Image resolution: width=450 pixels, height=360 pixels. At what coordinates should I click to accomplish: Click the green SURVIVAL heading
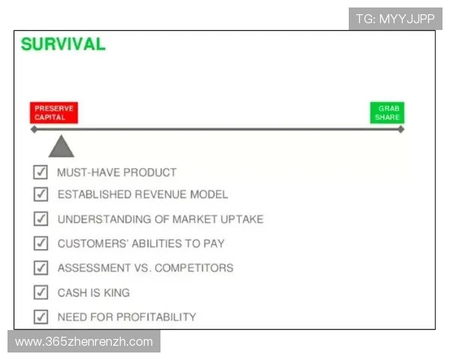(x=63, y=44)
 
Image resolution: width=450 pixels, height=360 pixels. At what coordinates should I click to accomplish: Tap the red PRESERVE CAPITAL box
(x=54, y=112)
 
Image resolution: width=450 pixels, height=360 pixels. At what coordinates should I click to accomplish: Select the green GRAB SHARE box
(x=387, y=112)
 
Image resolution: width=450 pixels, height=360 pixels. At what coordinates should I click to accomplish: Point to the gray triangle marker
(x=61, y=146)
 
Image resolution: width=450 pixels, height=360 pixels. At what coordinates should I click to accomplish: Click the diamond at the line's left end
(x=34, y=130)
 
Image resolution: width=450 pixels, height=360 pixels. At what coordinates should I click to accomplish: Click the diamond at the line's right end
(x=401, y=130)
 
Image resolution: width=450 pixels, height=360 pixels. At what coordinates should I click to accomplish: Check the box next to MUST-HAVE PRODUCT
(x=40, y=172)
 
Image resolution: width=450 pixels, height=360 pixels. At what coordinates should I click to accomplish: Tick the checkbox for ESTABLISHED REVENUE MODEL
(x=40, y=194)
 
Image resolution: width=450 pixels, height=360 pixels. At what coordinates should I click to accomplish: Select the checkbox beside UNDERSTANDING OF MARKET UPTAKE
(x=40, y=219)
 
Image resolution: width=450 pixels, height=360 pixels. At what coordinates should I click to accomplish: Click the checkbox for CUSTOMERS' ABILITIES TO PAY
(x=40, y=243)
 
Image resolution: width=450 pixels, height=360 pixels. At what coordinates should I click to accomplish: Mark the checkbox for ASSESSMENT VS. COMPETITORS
(x=40, y=268)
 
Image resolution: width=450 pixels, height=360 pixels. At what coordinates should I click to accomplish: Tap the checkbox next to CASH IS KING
(x=40, y=292)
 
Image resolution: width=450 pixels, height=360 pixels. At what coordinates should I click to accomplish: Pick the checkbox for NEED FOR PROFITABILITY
(x=40, y=316)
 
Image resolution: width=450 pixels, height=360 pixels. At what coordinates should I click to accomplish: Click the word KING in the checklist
(x=117, y=292)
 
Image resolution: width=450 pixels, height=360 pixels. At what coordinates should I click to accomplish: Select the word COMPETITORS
(x=194, y=268)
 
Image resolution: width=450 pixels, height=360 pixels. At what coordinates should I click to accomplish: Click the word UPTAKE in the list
(x=242, y=219)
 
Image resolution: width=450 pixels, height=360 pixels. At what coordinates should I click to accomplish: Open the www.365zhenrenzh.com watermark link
(x=84, y=342)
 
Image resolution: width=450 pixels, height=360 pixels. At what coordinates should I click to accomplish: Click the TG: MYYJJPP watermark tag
(x=395, y=19)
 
